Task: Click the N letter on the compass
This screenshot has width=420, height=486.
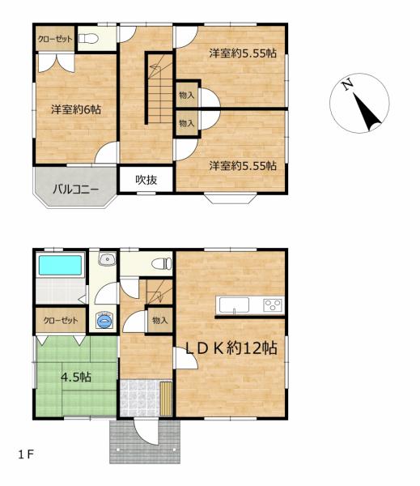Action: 346,84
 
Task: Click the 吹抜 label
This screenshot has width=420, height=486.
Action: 146,180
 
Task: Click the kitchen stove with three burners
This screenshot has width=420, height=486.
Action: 273,305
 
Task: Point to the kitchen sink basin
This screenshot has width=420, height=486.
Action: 234,305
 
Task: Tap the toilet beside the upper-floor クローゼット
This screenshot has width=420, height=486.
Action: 88,39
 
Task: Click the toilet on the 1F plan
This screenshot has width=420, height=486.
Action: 162,262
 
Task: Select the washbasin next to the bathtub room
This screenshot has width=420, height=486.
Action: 105,261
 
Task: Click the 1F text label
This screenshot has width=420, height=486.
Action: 26,453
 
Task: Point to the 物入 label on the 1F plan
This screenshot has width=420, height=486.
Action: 159,320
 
